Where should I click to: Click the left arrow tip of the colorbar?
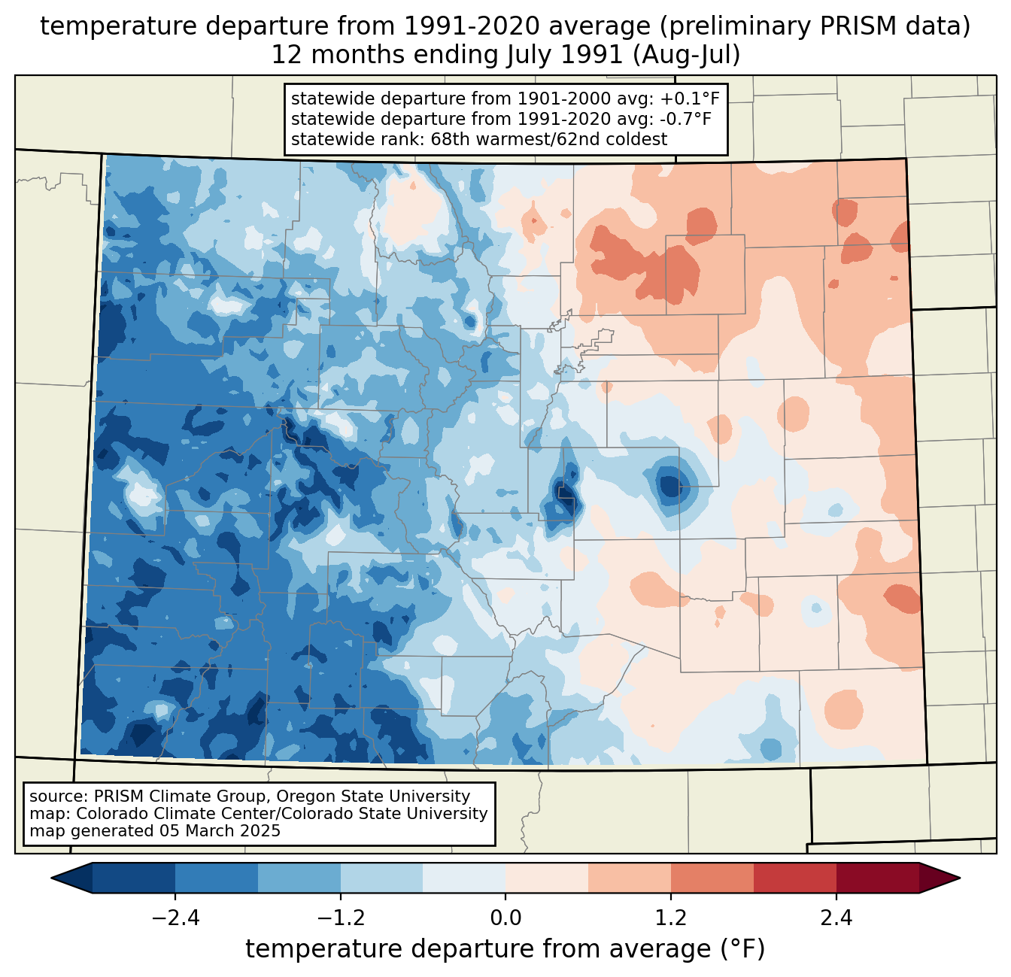(x=51, y=878)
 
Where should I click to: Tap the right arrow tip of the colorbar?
(x=960, y=878)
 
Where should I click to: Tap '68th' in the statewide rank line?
(x=450, y=139)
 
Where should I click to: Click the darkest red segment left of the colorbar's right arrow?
(x=878, y=878)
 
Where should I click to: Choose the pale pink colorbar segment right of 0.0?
(x=547, y=878)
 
